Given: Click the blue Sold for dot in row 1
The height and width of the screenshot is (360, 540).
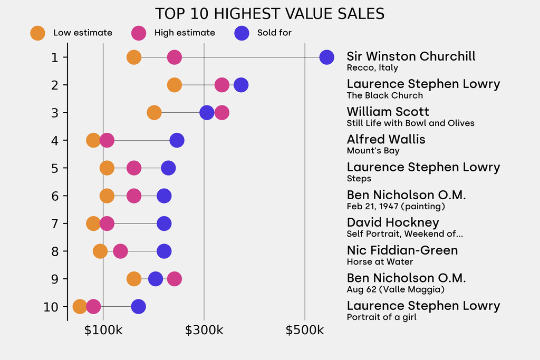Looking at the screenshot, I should (326, 57).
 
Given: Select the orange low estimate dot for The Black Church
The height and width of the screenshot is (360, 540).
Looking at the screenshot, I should (174, 85).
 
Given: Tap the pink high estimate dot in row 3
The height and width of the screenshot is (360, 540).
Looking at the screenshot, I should (222, 112).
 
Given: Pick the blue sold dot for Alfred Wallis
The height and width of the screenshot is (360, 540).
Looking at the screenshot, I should (177, 140).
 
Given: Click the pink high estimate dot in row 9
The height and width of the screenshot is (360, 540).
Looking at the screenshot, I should (174, 279).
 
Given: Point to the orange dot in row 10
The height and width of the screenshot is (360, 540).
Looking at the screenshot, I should (80, 307).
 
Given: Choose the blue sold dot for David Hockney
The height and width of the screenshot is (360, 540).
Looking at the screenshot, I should (164, 223).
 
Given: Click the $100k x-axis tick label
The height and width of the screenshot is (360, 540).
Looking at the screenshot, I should (103, 330).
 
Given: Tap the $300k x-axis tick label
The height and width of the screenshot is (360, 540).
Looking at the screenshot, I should (204, 330).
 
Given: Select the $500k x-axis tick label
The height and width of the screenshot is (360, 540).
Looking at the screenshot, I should (305, 330).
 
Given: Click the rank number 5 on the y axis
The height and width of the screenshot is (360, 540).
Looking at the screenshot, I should (55, 168).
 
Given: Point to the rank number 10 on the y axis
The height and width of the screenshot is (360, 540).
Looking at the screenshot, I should (52, 307).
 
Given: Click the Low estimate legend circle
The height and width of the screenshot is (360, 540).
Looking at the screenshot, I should (37, 33).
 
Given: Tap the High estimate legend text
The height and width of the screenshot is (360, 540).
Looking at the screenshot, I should (185, 33).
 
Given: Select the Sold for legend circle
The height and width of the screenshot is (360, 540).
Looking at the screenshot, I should (241, 33).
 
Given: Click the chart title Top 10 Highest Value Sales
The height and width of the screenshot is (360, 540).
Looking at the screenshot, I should (269, 14).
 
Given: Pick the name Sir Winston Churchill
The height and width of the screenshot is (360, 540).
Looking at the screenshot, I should (411, 56).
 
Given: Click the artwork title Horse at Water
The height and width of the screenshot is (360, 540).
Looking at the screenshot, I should (380, 262).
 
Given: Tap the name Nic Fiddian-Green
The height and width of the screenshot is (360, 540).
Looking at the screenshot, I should (402, 250).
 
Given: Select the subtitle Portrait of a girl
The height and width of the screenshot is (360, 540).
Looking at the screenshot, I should (381, 317).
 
